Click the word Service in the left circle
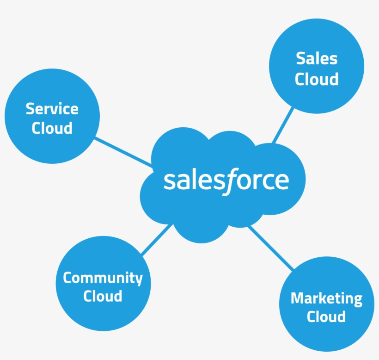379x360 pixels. (x=52, y=109)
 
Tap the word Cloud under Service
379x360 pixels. (x=52, y=128)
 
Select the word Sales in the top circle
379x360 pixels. (x=317, y=59)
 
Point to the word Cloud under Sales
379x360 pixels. (x=317, y=79)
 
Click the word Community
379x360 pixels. (x=103, y=278)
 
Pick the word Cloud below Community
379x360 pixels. (x=103, y=296)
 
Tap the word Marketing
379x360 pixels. (x=326, y=299)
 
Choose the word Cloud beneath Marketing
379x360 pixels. (x=326, y=317)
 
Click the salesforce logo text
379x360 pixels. (x=226, y=180)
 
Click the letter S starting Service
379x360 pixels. (x=30, y=109)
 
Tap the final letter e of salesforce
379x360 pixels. (x=281, y=181)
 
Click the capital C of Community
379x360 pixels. (x=68, y=278)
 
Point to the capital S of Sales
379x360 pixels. (x=300, y=59)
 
